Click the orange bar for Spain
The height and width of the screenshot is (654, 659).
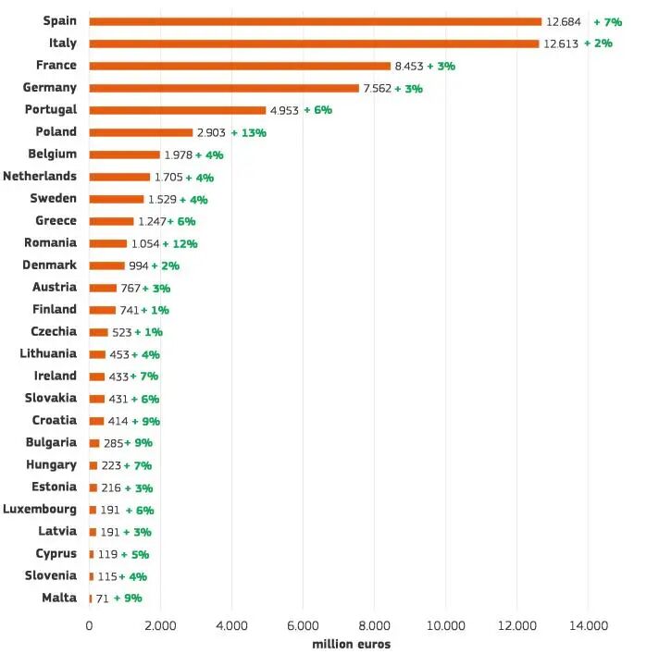click(315, 21)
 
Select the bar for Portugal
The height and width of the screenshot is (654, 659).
click(177, 110)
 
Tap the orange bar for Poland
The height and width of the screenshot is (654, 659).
click(141, 132)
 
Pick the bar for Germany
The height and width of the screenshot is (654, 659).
click(223, 88)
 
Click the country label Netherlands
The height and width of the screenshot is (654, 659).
click(40, 176)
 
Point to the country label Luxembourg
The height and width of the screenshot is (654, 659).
click(40, 509)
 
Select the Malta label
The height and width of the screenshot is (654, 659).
click(59, 598)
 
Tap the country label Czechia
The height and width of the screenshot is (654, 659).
click(54, 331)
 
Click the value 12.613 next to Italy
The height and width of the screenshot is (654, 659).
click(561, 43)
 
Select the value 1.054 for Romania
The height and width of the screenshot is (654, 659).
click(145, 243)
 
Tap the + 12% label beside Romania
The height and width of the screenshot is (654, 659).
click(180, 243)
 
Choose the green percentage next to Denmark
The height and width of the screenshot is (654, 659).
click(165, 265)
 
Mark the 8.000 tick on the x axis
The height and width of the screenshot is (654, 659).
click(375, 625)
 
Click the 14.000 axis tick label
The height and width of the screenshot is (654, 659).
click(589, 625)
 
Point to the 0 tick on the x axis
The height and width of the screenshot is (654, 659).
click(89, 625)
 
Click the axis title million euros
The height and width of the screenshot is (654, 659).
click(351, 644)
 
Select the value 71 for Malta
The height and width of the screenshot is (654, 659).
click(102, 598)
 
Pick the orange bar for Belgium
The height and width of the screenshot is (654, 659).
click(124, 154)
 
